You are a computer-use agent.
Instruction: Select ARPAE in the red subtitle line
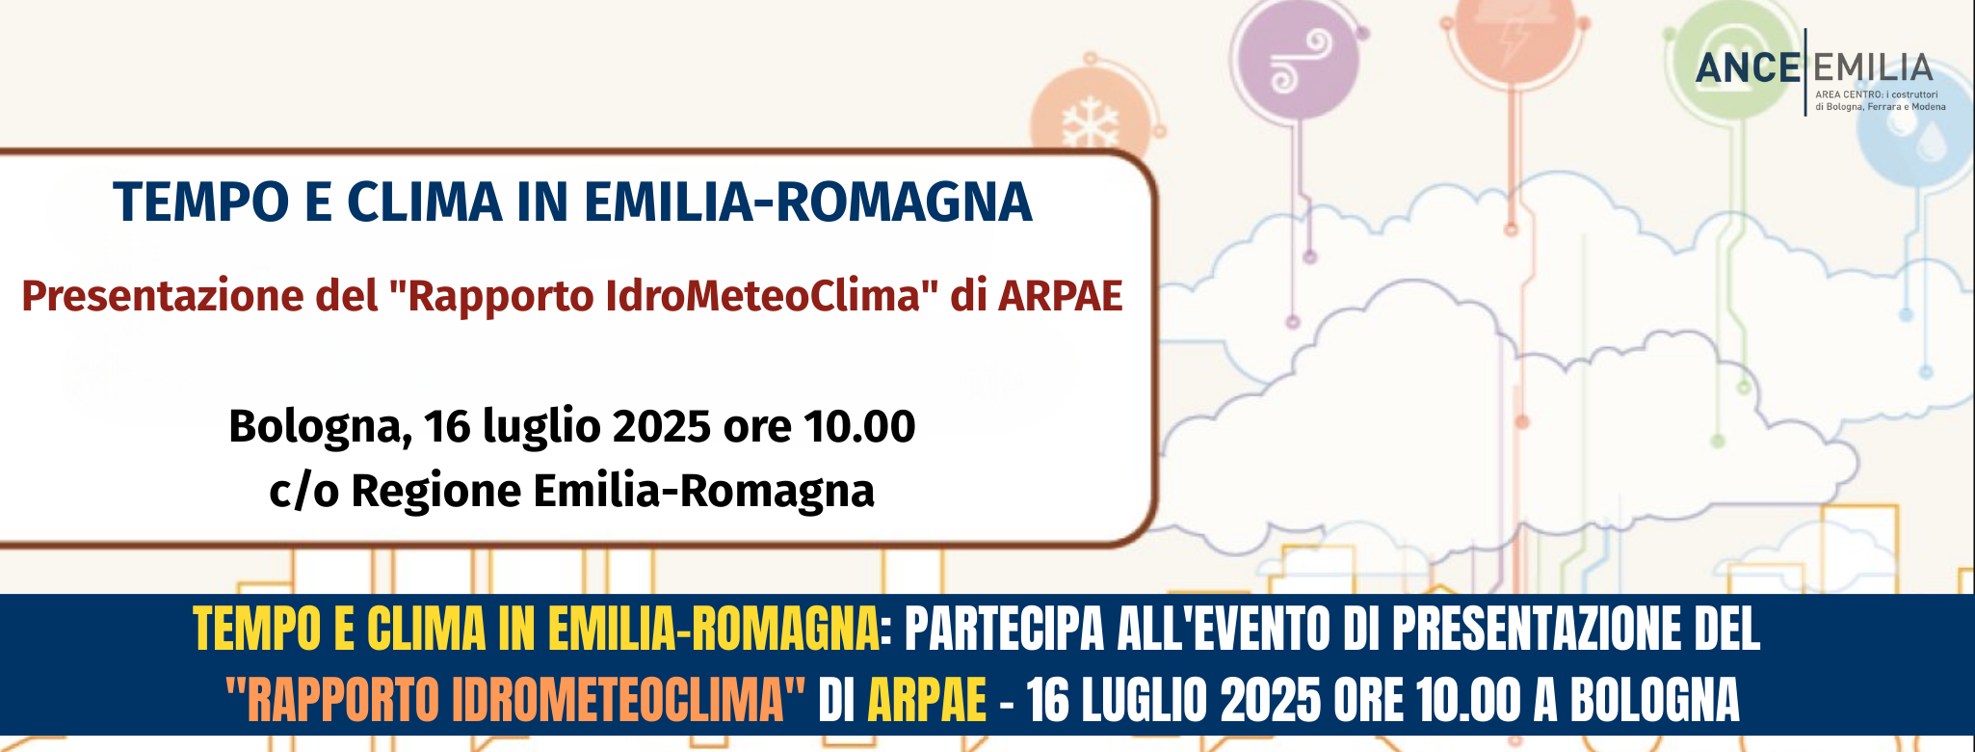click(1060, 295)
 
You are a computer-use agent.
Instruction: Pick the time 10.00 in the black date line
click(859, 426)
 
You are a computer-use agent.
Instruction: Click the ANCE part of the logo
click(1748, 68)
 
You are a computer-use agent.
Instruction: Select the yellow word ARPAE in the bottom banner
click(927, 700)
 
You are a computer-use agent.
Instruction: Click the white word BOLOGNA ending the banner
click(1655, 700)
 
